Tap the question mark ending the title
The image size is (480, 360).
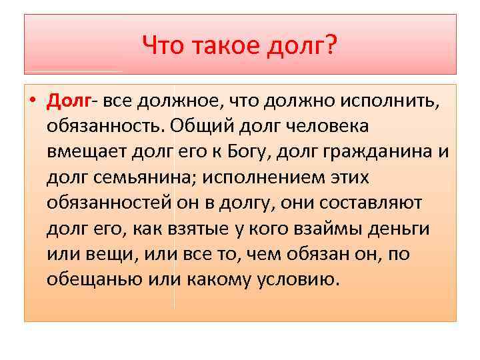tap(331, 46)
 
